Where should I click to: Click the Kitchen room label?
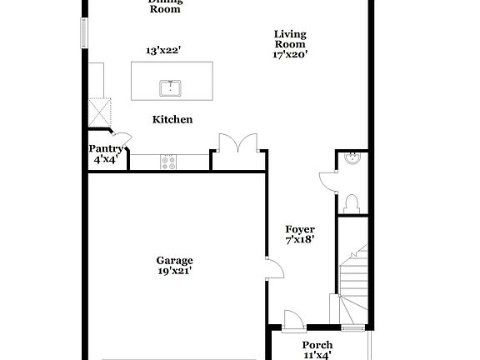click(172, 120)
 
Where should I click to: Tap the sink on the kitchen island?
click(172, 87)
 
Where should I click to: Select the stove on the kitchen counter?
click(169, 161)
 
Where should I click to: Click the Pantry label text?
click(106, 149)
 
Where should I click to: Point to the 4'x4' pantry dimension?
click(106, 159)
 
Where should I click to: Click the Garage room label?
click(174, 260)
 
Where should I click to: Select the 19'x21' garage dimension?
click(174, 271)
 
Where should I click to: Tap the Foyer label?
click(300, 229)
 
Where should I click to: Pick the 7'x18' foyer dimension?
click(300, 240)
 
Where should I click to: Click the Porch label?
click(317, 345)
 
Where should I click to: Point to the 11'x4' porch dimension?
click(317, 355)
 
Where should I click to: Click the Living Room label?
click(290, 39)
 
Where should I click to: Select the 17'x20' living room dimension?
click(290, 54)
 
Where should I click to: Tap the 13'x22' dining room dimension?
click(163, 51)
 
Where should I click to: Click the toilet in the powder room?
click(351, 202)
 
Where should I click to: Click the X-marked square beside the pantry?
click(101, 111)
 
